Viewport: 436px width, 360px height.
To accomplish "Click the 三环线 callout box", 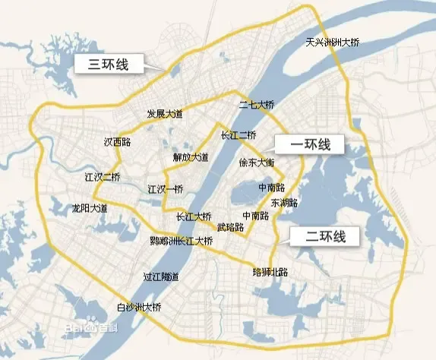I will point(111,65).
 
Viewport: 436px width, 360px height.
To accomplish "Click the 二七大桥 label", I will point(256,106).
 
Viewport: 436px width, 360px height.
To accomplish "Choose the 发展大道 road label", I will point(165,113).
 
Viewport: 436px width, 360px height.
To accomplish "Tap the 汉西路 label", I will point(117,141).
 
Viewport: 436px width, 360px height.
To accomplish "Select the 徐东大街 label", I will point(257,163).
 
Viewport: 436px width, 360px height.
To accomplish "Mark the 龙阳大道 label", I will point(89,207).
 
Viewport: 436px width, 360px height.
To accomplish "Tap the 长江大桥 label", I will point(193,216).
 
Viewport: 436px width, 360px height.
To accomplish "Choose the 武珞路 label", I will point(229,227).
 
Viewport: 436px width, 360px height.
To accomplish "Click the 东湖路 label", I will point(283,203).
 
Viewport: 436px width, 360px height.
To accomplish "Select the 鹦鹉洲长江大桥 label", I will point(182,241).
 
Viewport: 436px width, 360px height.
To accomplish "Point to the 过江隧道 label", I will point(161,276).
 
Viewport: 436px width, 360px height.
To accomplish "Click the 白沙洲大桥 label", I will point(139,308).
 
